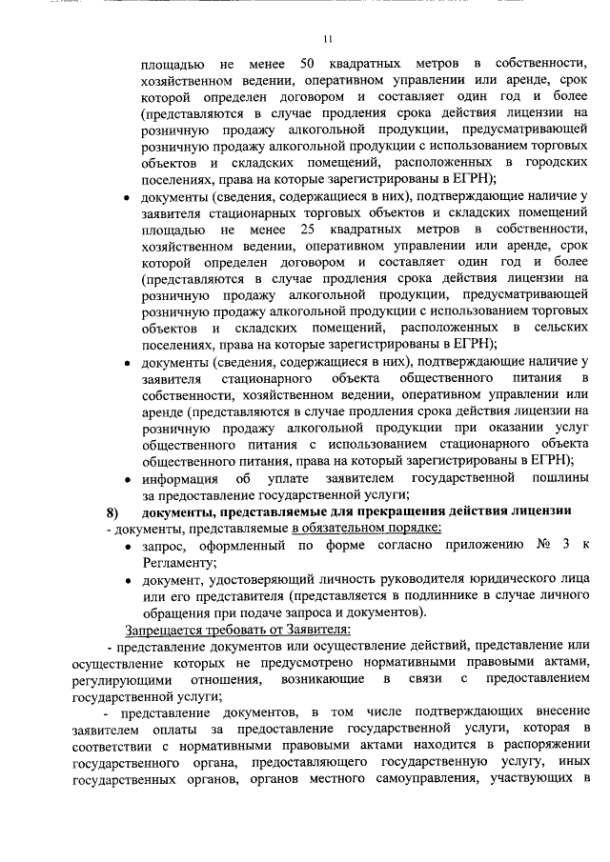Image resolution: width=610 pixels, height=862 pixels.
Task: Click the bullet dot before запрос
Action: click(x=129, y=546)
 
